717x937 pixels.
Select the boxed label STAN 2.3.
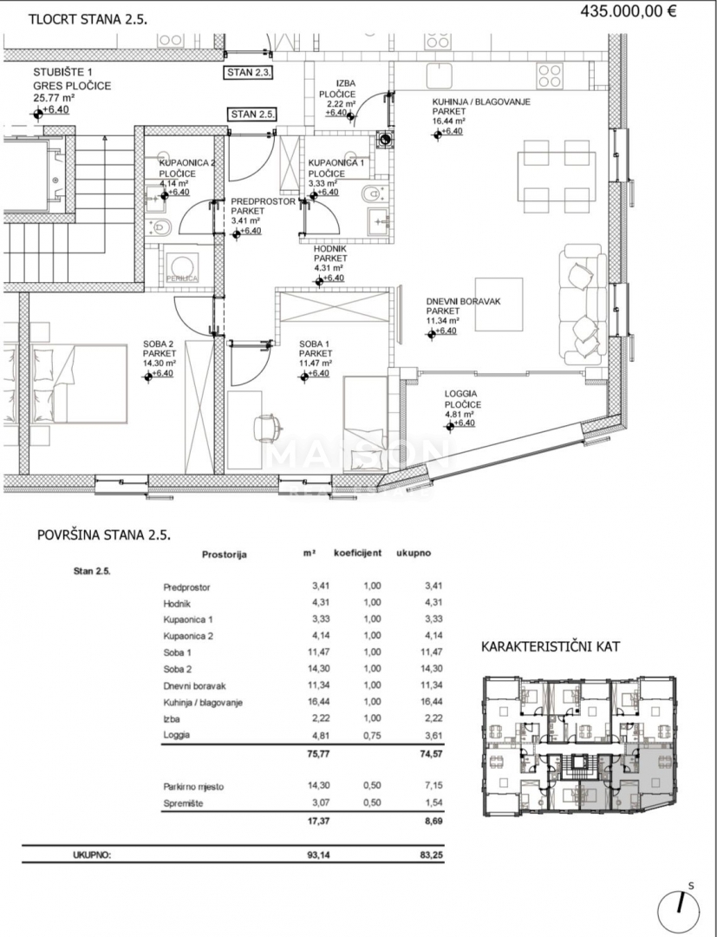(248, 73)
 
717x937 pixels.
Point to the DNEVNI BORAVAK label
(464, 301)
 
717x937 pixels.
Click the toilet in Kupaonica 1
(368, 193)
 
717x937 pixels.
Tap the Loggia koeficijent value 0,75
(372, 736)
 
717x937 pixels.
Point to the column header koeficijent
(357, 553)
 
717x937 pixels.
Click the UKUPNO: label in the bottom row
(92, 855)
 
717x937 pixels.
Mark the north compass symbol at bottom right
(679, 909)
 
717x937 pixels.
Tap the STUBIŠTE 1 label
(63, 73)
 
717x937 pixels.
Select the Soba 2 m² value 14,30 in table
(321, 669)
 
